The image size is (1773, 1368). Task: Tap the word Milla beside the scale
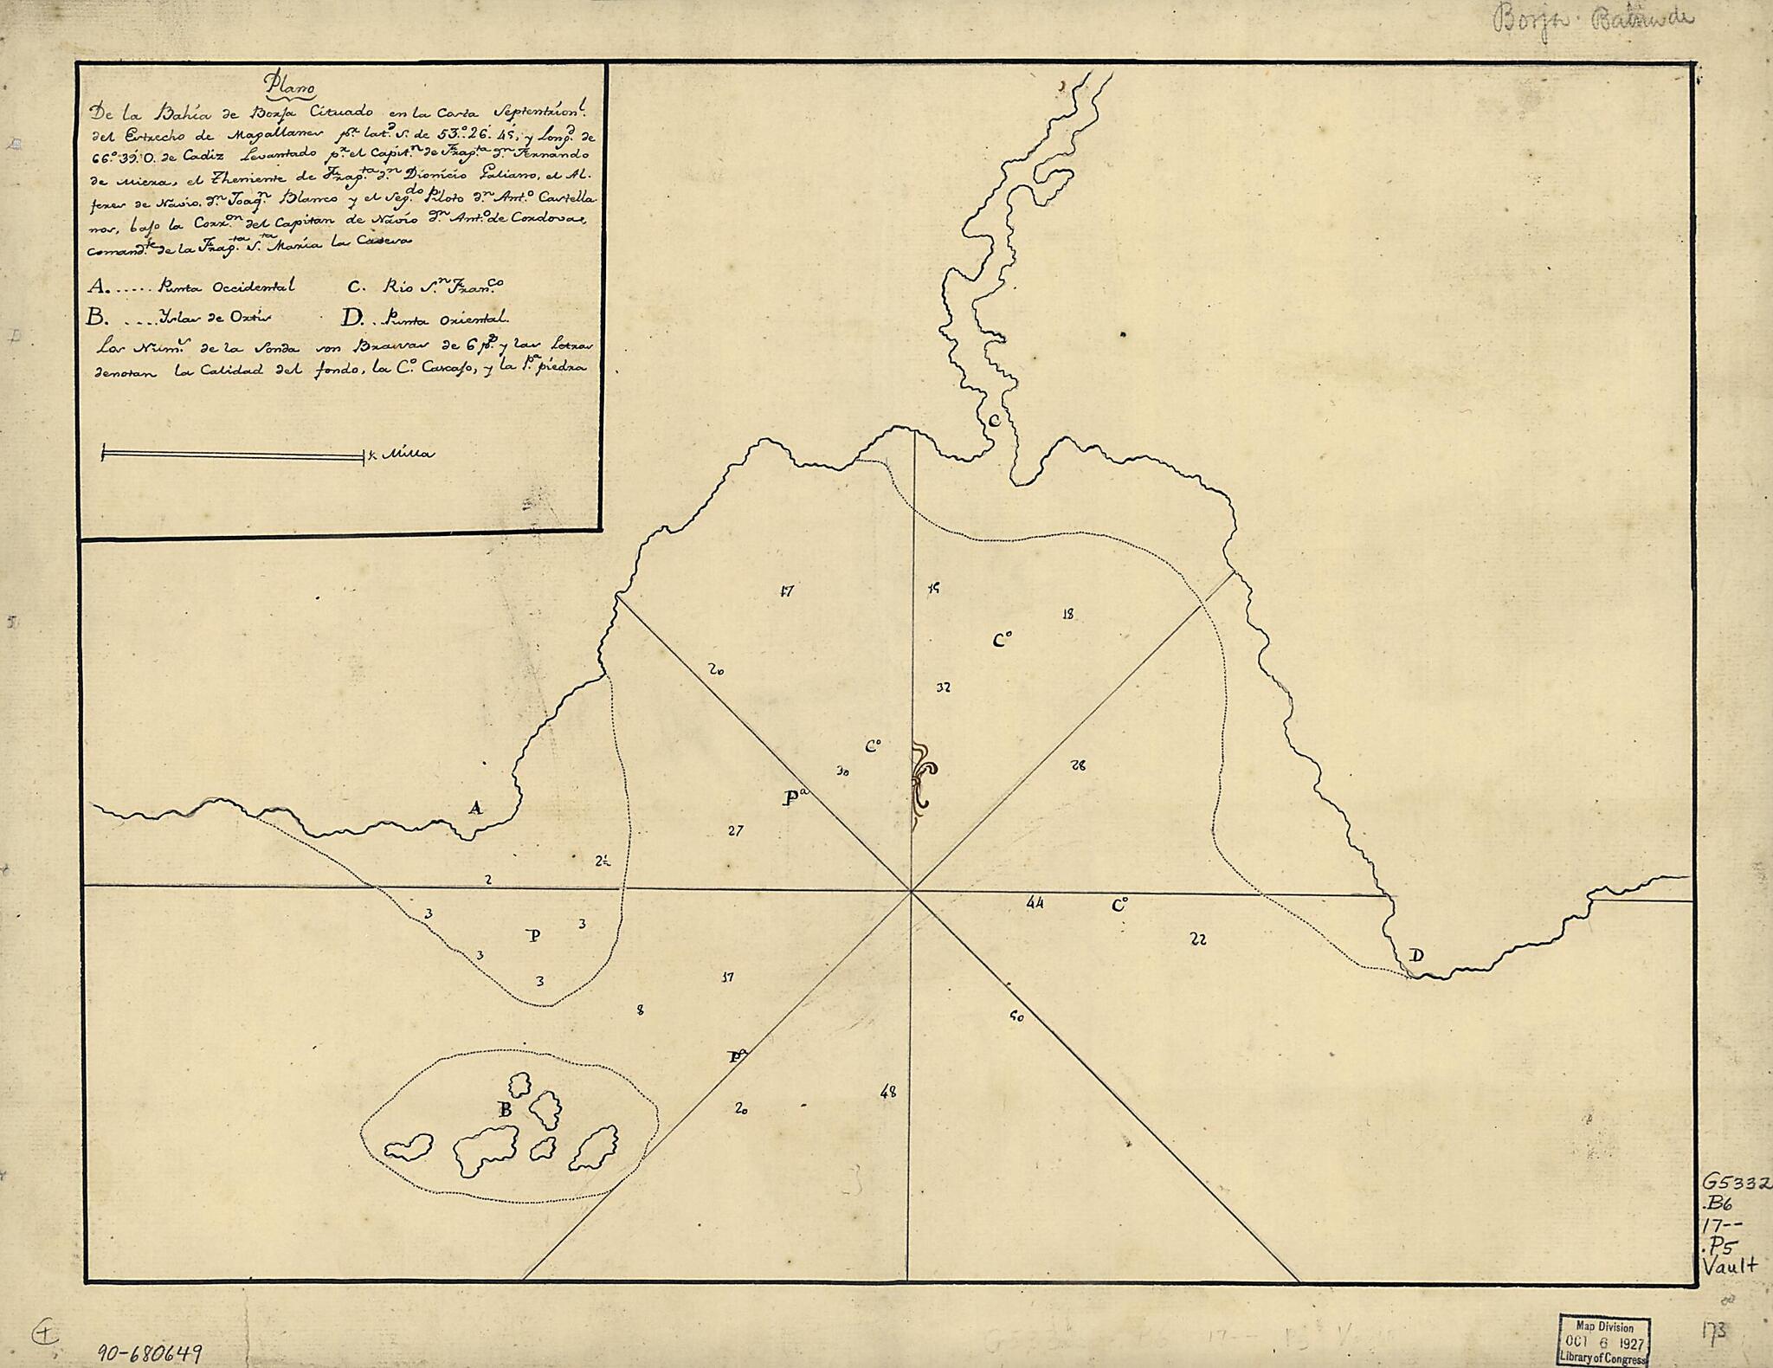point(408,454)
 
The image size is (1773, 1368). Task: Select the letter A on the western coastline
point(475,809)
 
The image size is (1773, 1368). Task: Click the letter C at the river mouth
point(995,421)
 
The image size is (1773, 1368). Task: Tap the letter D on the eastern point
point(1416,956)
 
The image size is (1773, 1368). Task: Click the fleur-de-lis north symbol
point(921,773)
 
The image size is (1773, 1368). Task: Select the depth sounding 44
point(1035,902)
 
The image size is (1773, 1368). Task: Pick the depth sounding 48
point(887,1092)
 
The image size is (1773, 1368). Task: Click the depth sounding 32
point(944,687)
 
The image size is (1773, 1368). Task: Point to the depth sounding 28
point(1078,765)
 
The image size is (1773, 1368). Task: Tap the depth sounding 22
point(1198,939)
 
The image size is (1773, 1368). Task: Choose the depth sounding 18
point(1067,614)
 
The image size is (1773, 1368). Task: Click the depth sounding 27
point(735,830)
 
